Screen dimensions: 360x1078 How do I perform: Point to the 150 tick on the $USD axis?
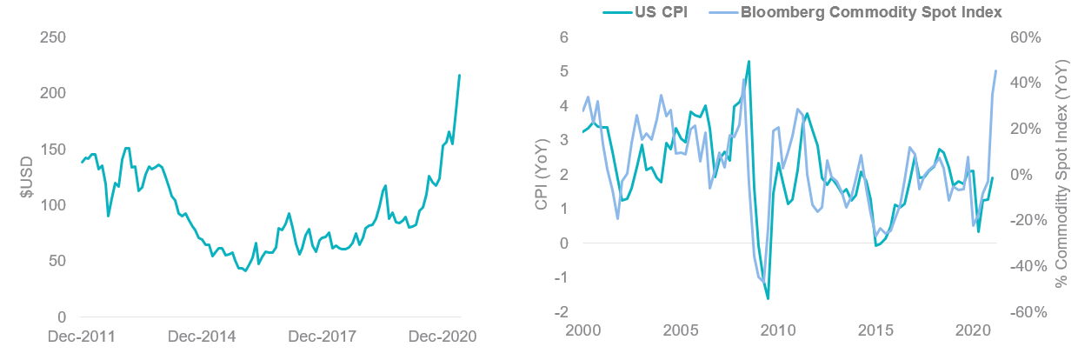[x=54, y=150]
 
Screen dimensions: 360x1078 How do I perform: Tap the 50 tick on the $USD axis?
[x=58, y=261]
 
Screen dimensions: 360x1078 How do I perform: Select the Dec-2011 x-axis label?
[x=83, y=337]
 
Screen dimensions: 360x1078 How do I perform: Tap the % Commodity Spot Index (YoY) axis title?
[x=1061, y=175]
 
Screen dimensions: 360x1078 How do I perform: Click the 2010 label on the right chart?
[x=778, y=331]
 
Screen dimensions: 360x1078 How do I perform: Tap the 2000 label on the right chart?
[x=582, y=331]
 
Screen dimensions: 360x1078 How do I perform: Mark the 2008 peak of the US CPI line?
[x=749, y=61]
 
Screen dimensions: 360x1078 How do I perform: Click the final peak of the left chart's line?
[x=460, y=75]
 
